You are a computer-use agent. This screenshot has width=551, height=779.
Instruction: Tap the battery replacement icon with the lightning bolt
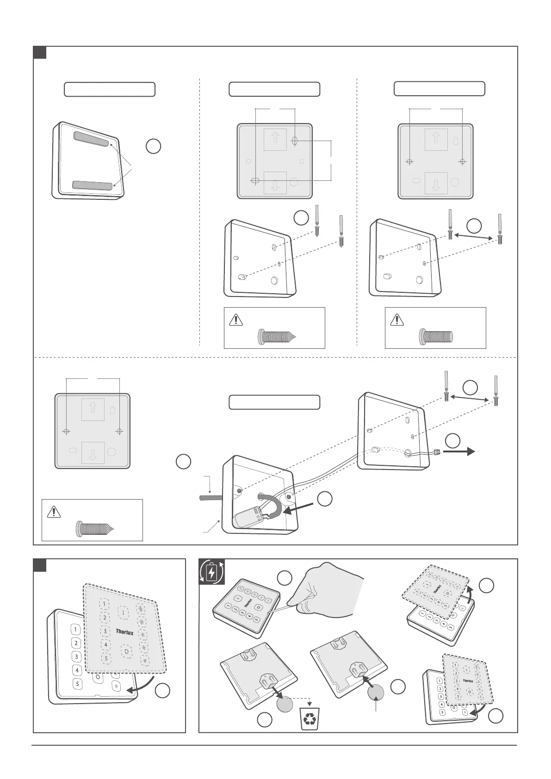pos(211,572)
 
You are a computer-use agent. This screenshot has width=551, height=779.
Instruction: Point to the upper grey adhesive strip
pos(93,138)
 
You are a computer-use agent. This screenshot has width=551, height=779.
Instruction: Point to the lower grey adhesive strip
pos(93,185)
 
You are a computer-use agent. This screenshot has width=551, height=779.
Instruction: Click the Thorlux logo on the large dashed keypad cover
pos(124,631)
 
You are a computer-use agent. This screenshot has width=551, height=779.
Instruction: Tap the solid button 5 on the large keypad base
pos(77,684)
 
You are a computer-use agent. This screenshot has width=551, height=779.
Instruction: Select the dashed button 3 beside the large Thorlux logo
pos(106,631)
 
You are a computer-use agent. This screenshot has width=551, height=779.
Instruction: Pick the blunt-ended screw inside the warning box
pos(437,335)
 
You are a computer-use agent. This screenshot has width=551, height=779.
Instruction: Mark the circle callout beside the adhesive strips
pos(154,146)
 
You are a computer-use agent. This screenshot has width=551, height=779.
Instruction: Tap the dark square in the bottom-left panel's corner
pos(40,565)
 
